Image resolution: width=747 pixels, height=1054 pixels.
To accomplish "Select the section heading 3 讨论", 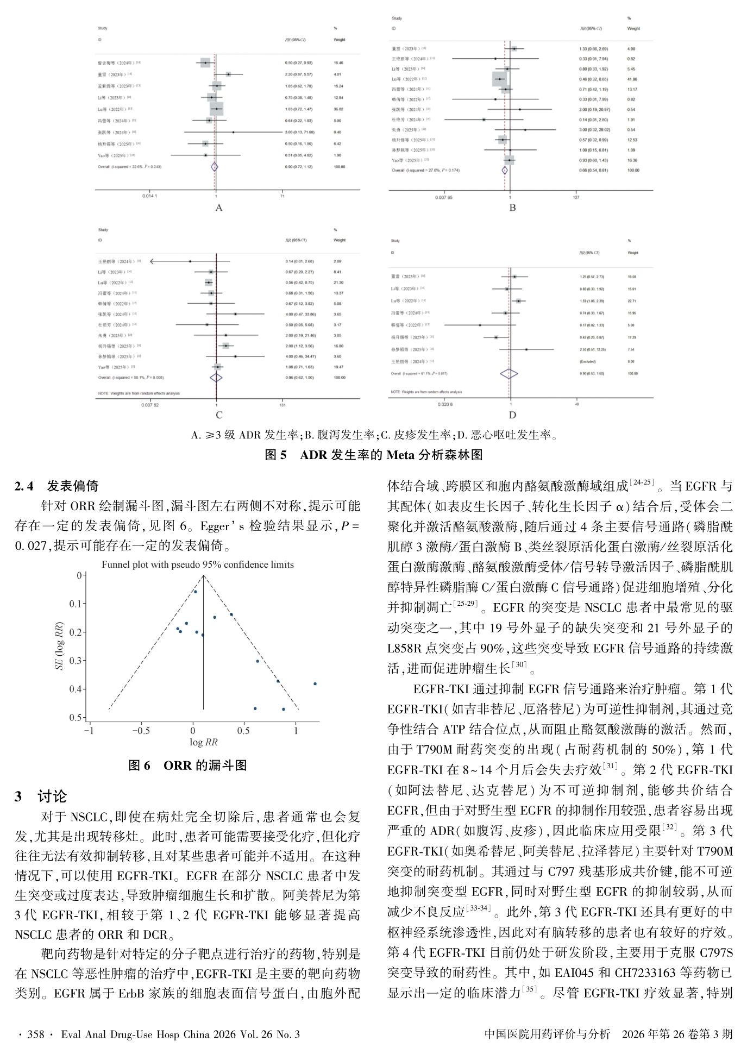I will (41, 796).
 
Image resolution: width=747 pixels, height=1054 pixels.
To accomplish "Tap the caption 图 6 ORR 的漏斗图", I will (187, 766).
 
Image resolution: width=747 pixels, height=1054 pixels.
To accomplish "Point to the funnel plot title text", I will (198, 564).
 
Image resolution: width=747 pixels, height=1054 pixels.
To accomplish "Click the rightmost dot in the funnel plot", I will (315, 684).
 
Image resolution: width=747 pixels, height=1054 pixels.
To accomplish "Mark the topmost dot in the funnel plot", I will (196, 592).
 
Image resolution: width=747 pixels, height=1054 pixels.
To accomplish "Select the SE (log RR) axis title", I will (61, 646).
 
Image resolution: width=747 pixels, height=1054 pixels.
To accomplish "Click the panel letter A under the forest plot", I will (219, 208).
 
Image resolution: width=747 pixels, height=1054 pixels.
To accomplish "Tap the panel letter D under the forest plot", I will (512, 416).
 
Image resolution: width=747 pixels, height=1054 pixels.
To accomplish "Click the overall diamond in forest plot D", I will (509, 374).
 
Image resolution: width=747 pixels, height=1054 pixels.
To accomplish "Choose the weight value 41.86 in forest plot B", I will (632, 79).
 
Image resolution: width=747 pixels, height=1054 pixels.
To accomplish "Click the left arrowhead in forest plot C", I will (152, 261).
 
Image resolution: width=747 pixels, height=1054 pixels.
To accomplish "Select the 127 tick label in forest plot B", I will (576, 197).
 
